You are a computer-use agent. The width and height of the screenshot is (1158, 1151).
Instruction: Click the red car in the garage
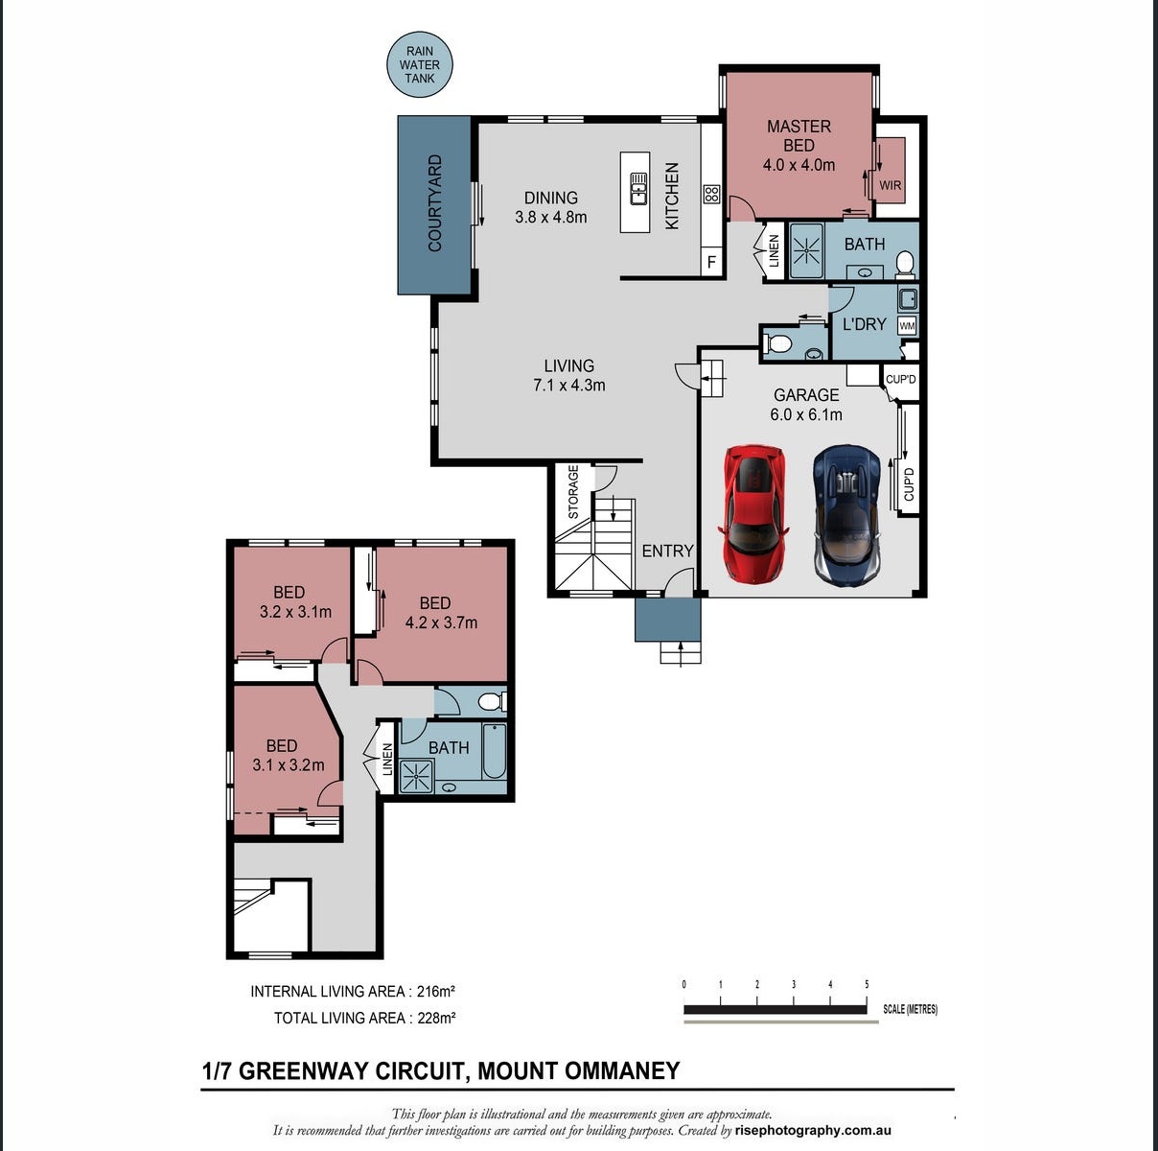click(x=753, y=513)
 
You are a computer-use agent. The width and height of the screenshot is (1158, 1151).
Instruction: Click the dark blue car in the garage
click(x=848, y=515)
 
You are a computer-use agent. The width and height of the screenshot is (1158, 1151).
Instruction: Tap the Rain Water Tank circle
click(x=420, y=65)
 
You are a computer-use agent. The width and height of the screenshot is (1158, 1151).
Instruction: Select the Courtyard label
click(x=434, y=203)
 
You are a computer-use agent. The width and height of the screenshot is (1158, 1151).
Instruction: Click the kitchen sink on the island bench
click(x=637, y=188)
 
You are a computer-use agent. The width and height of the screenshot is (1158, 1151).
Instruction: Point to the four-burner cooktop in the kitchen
click(x=711, y=194)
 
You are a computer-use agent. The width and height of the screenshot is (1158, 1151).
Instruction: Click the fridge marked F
click(x=711, y=262)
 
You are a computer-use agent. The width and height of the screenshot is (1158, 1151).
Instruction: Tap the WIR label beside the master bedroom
click(x=890, y=185)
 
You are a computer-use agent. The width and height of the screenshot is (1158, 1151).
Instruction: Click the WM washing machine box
click(x=907, y=325)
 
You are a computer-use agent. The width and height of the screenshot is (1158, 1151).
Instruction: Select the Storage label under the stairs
click(x=573, y=492)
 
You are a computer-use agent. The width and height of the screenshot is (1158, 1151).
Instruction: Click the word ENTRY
click(x=667, y=551)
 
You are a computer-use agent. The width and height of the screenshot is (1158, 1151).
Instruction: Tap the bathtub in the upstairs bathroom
click(x=494, y=752)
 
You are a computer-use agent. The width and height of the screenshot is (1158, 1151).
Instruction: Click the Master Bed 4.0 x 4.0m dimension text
click(x=799, y=165)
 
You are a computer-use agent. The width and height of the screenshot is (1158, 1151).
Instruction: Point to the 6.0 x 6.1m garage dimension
click(x=806, y=414)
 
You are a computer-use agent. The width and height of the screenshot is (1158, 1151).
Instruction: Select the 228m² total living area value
click(x=436, y=1018)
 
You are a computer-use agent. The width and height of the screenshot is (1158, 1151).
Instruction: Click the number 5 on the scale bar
click(x=867, y=984)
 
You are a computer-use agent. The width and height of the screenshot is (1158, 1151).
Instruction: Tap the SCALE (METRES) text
click(x=910, y=1009)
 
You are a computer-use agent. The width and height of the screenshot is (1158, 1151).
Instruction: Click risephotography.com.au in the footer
click(x=813, y=1131)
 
